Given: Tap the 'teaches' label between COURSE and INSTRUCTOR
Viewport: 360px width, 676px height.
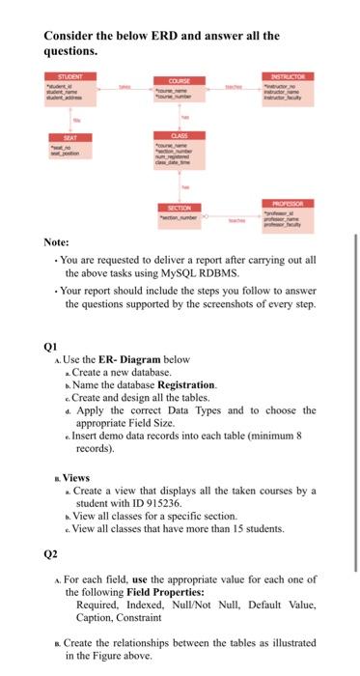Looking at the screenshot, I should (234, 86).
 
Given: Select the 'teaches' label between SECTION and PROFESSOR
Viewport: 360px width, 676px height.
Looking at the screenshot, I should (235, 219).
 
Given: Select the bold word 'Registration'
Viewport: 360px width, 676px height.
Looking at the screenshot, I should (186, 384).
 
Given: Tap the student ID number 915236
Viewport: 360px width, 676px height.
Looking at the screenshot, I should (151, 490).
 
